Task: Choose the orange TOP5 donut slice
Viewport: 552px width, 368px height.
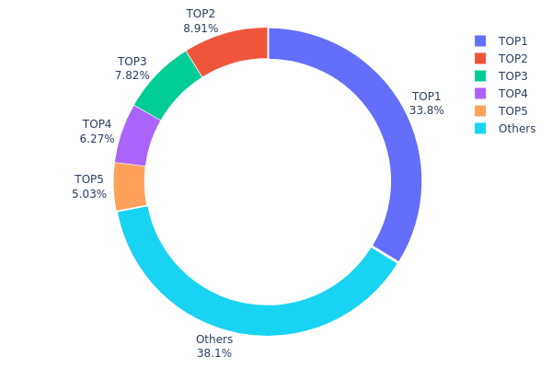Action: [130, 187]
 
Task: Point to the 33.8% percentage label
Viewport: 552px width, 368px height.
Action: [427, 110]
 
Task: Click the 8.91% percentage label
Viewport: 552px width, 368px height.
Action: [201, 29]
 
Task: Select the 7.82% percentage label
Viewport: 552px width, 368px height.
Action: [132, 75]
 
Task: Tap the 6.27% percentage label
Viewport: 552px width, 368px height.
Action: [98, 139]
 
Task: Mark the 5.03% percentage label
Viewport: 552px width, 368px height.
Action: [89, 194]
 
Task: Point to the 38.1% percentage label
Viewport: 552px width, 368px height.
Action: [214, 352]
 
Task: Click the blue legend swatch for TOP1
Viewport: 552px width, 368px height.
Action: [480, 40]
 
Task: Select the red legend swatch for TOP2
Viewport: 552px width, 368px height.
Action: [480, 58]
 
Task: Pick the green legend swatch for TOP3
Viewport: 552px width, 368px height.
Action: [480, 75]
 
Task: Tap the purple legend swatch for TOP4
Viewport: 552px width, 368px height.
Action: [480, 93]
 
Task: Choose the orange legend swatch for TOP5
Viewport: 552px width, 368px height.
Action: [480, 110]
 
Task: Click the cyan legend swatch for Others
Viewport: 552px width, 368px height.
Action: [480, 128]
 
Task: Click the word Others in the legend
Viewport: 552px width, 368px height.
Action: [517, 128]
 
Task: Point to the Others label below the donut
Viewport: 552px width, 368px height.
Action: [214, 339]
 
